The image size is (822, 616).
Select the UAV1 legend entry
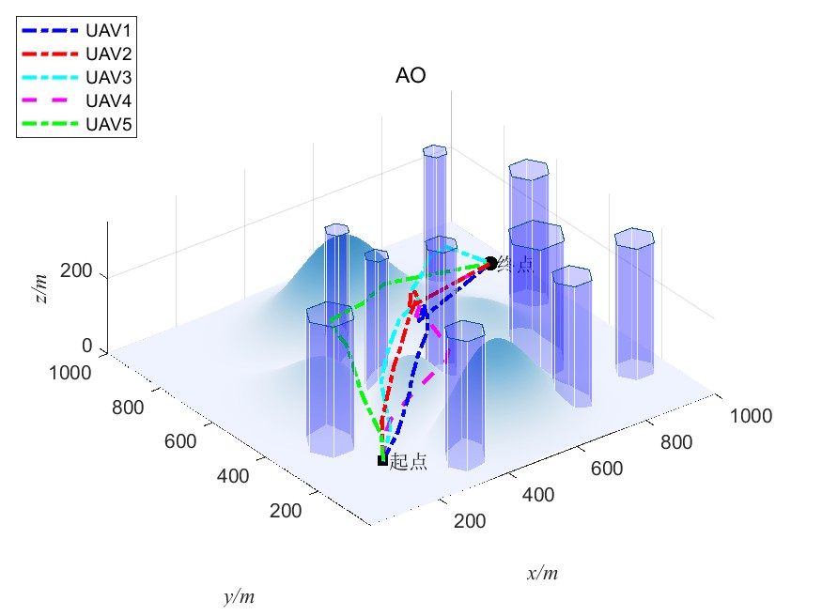coord(107,31)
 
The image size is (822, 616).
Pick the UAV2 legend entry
coord(107,54)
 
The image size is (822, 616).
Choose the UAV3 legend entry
coord(107,77)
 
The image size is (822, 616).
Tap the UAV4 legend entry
coord(107,100)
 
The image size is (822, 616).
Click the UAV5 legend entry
coord(107,124)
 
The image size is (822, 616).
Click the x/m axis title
coord(542,573)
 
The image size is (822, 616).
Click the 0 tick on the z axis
coord(86,346)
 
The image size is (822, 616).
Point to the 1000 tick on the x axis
coord(751,416)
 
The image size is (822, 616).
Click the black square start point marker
coord(382,460)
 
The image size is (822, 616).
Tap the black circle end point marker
coord(490,264)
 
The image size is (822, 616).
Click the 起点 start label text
coord(409,462)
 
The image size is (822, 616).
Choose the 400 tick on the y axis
coord(232,476)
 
